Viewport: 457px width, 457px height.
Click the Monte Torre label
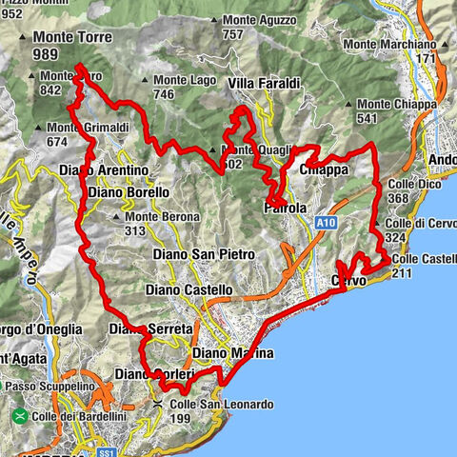coord(72,38)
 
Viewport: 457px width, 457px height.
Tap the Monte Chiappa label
coord(404,104)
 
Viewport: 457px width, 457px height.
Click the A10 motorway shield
coord(327,221)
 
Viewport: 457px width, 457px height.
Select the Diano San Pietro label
coord(204,254)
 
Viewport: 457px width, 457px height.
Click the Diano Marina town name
coord(232,353)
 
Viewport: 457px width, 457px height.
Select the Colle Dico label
coord(412,185)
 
